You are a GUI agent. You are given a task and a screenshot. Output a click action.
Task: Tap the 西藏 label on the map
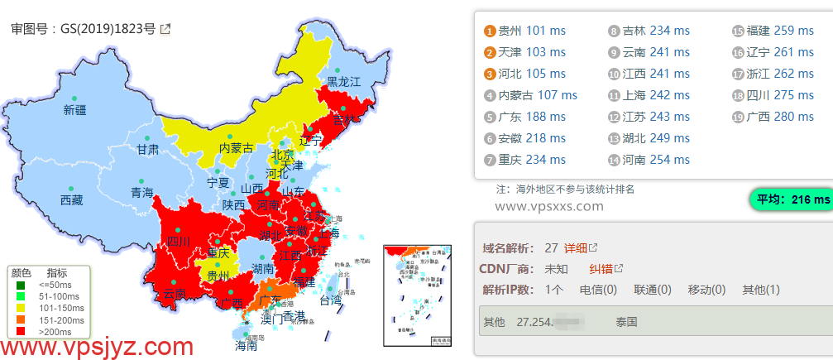pyautogui.click(x=72, y=199)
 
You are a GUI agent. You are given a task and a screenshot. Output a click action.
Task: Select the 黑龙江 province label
pyautogui.click(x=343, y=81)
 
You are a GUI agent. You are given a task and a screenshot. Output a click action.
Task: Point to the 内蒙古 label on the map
pyautogui.click(x=236, y=148)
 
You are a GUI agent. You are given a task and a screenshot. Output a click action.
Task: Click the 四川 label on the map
pyautogui.click(x=179, y=242)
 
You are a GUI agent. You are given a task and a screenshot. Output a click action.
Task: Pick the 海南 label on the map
pyautogui.click(x=246, y=345)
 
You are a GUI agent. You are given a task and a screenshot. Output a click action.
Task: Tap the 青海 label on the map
pyautogui.click(x=142, y=193)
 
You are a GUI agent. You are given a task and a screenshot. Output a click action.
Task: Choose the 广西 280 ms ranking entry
pyautogui.click(x=780, y=117)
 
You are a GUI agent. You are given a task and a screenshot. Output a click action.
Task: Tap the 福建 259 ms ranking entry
pyautogui.click(x=780, y=31)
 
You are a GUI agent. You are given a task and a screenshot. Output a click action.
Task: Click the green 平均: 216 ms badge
pyautogui.click(x=790, y=199)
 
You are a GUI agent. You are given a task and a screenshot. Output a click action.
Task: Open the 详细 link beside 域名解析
pyautogui.click(x=576, y=247)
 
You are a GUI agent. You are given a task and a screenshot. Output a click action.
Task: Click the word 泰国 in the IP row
pyautogui.click(x=626, y=321)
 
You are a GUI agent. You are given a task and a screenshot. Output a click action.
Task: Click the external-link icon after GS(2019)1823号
pyautogui.click(x=165, y=29)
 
